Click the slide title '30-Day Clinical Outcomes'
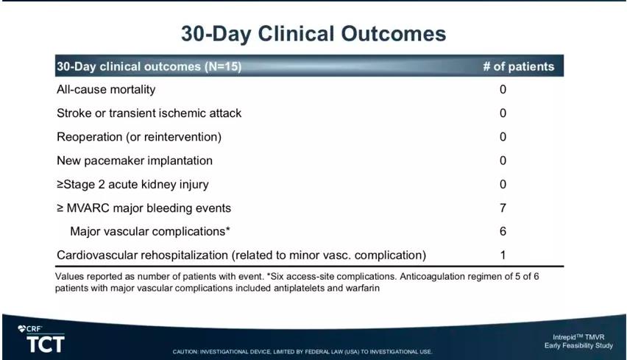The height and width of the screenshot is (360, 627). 313,34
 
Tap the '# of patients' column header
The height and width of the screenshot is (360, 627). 519,66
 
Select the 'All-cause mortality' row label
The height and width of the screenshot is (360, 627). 106,90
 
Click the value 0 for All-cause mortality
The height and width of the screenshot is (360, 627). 503,89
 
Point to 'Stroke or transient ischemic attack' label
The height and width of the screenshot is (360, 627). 149,113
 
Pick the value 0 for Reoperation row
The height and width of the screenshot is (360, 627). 503,137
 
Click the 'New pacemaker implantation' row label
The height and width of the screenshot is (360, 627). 135,160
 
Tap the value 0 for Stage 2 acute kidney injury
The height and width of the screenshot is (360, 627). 503,184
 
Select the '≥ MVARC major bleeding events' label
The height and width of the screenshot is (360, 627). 144,208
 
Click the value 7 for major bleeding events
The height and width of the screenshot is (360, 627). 503,208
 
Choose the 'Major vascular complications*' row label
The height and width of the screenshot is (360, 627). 150,232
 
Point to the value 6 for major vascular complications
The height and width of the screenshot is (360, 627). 503,231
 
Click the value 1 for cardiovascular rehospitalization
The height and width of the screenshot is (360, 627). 503,255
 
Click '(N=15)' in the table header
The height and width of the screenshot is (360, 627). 223,66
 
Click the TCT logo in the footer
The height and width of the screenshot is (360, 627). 46,345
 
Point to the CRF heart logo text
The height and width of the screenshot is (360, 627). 30,329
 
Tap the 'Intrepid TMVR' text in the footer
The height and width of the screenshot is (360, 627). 578,337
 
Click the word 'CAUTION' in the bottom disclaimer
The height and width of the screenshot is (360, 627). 185,352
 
